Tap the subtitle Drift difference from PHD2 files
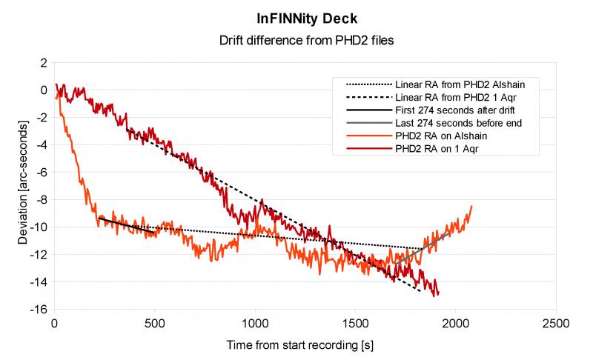(x=296, y=41)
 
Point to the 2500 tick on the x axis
(x=554, y=324)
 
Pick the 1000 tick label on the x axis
(x=254, y=324)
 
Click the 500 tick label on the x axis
(x=154, y=324)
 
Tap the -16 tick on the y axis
(x=36, y=309)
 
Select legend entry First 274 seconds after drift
(x=453, y=110)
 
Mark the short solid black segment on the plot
(x=126, y=224)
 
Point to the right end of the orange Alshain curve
(x=471, y=207)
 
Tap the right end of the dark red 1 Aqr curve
(x=438, y=294)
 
